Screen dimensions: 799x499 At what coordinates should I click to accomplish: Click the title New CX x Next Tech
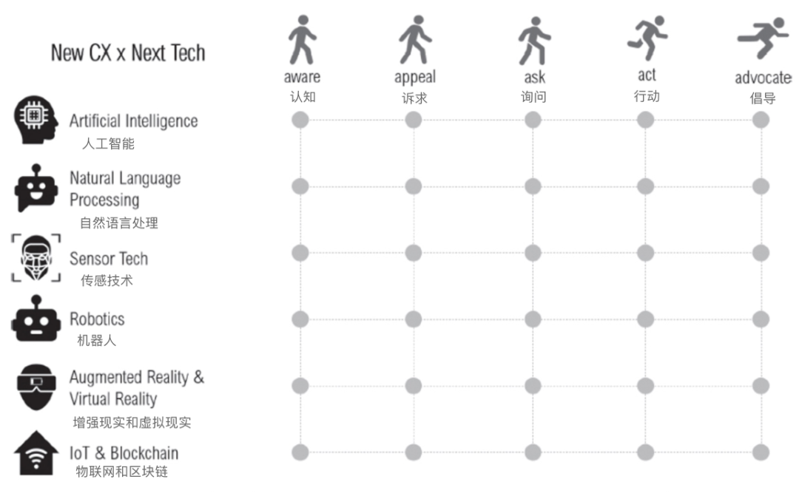tap(128, 53)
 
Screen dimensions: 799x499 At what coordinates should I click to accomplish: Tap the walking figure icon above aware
tap(302, 40)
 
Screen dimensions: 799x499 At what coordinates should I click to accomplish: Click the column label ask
tap(535, 78)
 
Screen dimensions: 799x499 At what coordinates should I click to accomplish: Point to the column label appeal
tap(415, 78)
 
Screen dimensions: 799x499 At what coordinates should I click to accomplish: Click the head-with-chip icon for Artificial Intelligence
tap(36, 120)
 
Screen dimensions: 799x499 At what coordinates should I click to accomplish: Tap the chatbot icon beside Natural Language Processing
tap(36, 188)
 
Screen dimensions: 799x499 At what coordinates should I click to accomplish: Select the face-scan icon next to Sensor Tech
tap(36, 258)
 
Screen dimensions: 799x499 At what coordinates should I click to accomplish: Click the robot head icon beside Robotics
tap(36, 318)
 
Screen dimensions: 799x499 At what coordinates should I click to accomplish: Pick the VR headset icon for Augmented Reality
tap(36, 387)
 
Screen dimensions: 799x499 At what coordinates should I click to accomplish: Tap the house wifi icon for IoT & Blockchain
tap(36, 453)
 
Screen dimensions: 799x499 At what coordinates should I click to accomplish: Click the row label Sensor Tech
tap(109, 259)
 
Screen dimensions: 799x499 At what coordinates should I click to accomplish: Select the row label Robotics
tap(97, 319)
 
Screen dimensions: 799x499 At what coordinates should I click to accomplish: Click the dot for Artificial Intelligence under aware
tap(300, 120)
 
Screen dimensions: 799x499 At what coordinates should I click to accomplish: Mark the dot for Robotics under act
tap(645, 319)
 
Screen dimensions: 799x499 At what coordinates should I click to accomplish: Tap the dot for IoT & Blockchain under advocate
tap(761, 452)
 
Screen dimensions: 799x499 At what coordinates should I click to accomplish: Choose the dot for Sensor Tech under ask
tap(533, 253)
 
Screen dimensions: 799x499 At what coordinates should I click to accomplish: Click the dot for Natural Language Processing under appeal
tap(414, 186)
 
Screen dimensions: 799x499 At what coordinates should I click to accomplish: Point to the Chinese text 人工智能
tap(108, 143)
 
